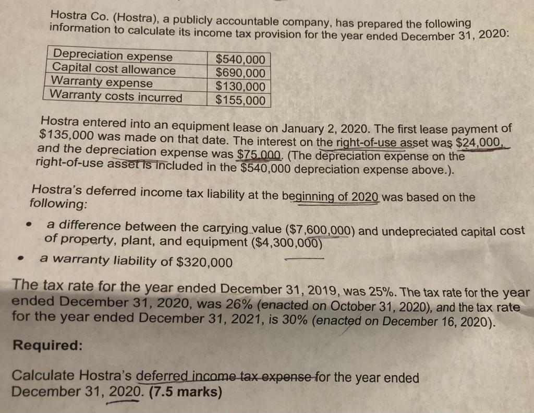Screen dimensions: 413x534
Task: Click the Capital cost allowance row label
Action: pos(115,69)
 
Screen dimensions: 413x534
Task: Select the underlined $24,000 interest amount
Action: pos(479,143)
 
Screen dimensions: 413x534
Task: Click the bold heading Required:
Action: pos(47,346)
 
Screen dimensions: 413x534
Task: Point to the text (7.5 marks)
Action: pos(184,392)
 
